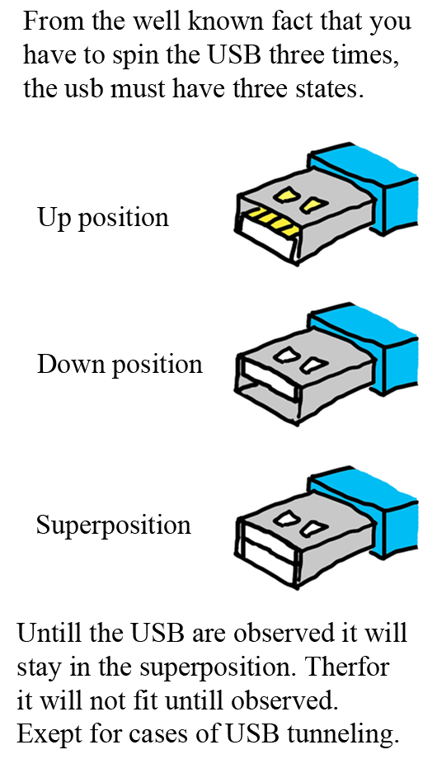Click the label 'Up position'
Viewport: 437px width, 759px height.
103,217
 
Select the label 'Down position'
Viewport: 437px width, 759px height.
120,364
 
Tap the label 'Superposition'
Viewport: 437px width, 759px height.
114,525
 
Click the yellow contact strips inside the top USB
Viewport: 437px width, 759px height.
272,221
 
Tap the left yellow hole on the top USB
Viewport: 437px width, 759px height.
285,194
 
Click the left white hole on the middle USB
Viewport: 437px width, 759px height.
285,356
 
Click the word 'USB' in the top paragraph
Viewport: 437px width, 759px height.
234,54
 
